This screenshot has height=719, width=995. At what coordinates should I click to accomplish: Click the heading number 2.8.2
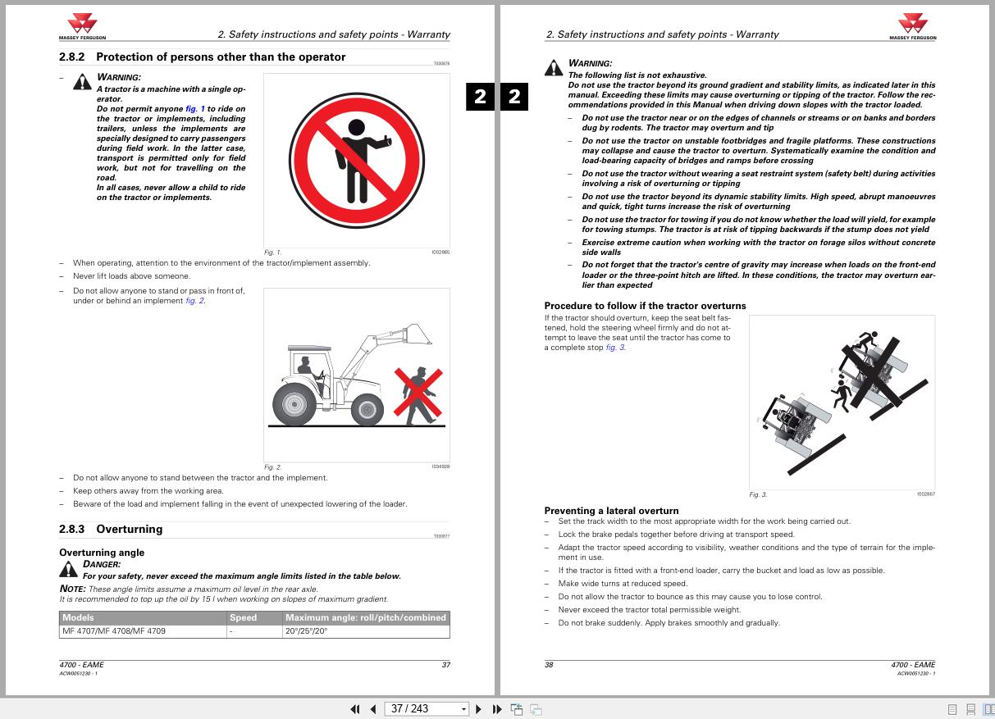[x=71, y=57]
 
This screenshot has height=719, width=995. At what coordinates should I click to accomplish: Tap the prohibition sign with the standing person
[x=356, y=161]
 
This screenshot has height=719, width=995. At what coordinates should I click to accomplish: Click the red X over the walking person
[x=418, y=393]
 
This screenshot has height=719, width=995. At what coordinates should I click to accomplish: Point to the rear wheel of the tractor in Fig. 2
[x=294, y=403]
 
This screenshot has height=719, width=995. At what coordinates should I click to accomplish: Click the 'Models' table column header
[x=78, y=618]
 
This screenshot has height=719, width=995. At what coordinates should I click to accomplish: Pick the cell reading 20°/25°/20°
[x=307, y=631]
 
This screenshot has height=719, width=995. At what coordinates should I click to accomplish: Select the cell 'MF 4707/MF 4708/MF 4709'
[x=113, y=631]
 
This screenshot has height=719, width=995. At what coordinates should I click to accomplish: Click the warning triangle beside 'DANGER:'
[x=68, y=569]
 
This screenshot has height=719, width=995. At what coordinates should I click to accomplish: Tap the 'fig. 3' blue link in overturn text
[x=615, y=348]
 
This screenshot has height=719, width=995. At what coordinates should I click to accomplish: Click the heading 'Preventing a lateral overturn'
[x=611, y=511]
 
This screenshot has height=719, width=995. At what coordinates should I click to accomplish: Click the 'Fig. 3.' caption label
[x=758, y=494]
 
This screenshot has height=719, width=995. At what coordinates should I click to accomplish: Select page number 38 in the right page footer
[x=549, y=665]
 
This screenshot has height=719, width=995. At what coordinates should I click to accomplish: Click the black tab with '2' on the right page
[x=514, y=97]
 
